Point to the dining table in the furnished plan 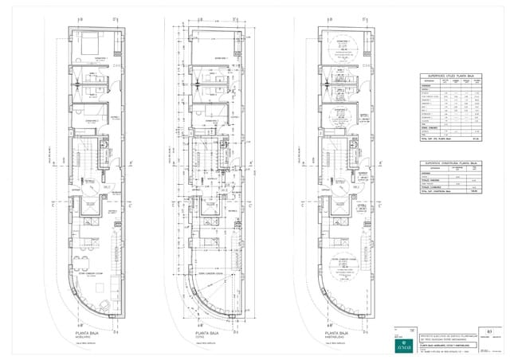[x=80, y=262]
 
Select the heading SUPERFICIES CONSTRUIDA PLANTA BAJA [x=452, y=163]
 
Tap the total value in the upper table [x=476, y=139]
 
